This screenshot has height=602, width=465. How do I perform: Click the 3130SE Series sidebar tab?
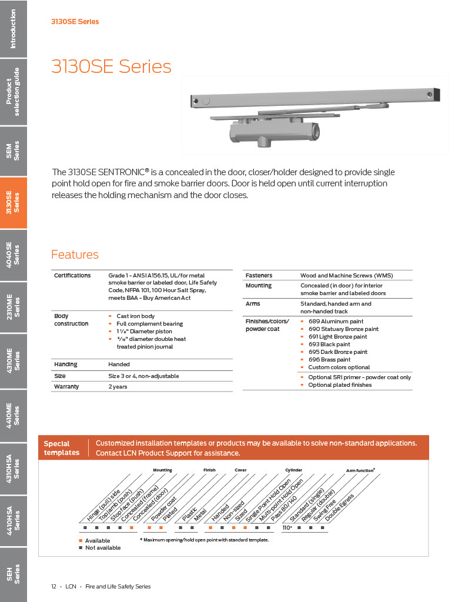tap(13, 203)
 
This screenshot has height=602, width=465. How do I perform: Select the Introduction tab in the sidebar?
tap(13, 29)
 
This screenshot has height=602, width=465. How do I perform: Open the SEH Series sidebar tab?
tap(13, 574)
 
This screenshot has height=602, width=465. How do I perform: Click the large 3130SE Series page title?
tap(111, 66)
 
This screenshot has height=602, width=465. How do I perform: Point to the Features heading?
tap(75, 255)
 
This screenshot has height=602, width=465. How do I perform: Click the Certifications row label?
tap(72, 275)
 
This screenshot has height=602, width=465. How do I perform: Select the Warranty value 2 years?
tap(118, 387)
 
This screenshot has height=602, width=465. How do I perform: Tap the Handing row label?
tap(66, 364)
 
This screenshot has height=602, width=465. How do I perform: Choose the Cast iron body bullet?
tap(135, 316)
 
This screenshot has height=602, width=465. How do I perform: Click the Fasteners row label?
tap(258, 275)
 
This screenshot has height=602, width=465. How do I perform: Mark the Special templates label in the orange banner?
tap(61, 448)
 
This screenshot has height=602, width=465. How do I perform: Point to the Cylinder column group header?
tap(293, 470)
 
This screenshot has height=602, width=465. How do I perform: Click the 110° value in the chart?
tap(287, 528)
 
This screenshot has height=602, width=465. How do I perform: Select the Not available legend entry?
tap(102, 547)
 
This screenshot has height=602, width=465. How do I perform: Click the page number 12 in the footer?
tap(53, 586)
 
